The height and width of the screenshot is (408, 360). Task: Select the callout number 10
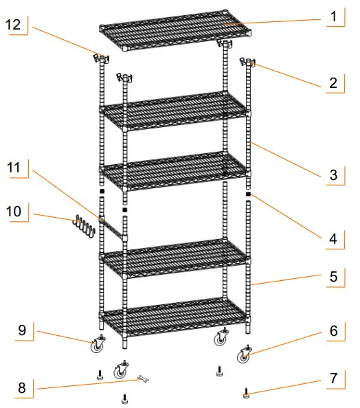(15, 210)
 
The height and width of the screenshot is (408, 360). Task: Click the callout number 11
(15, 167)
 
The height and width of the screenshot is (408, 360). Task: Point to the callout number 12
(15, 25)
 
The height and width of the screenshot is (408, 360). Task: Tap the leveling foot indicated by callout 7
(245, 394)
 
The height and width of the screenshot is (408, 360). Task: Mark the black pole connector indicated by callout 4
(248, 194)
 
